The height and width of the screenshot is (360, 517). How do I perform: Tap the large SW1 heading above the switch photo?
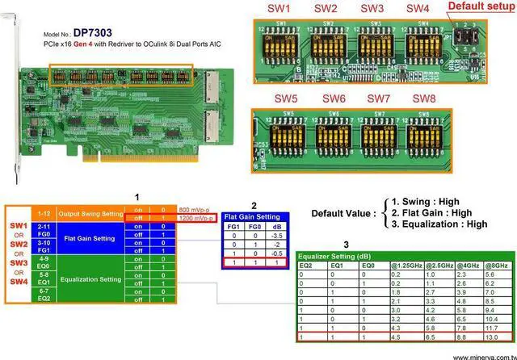[279, 8]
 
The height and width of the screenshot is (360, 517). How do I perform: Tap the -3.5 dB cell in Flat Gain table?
[254, 236]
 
